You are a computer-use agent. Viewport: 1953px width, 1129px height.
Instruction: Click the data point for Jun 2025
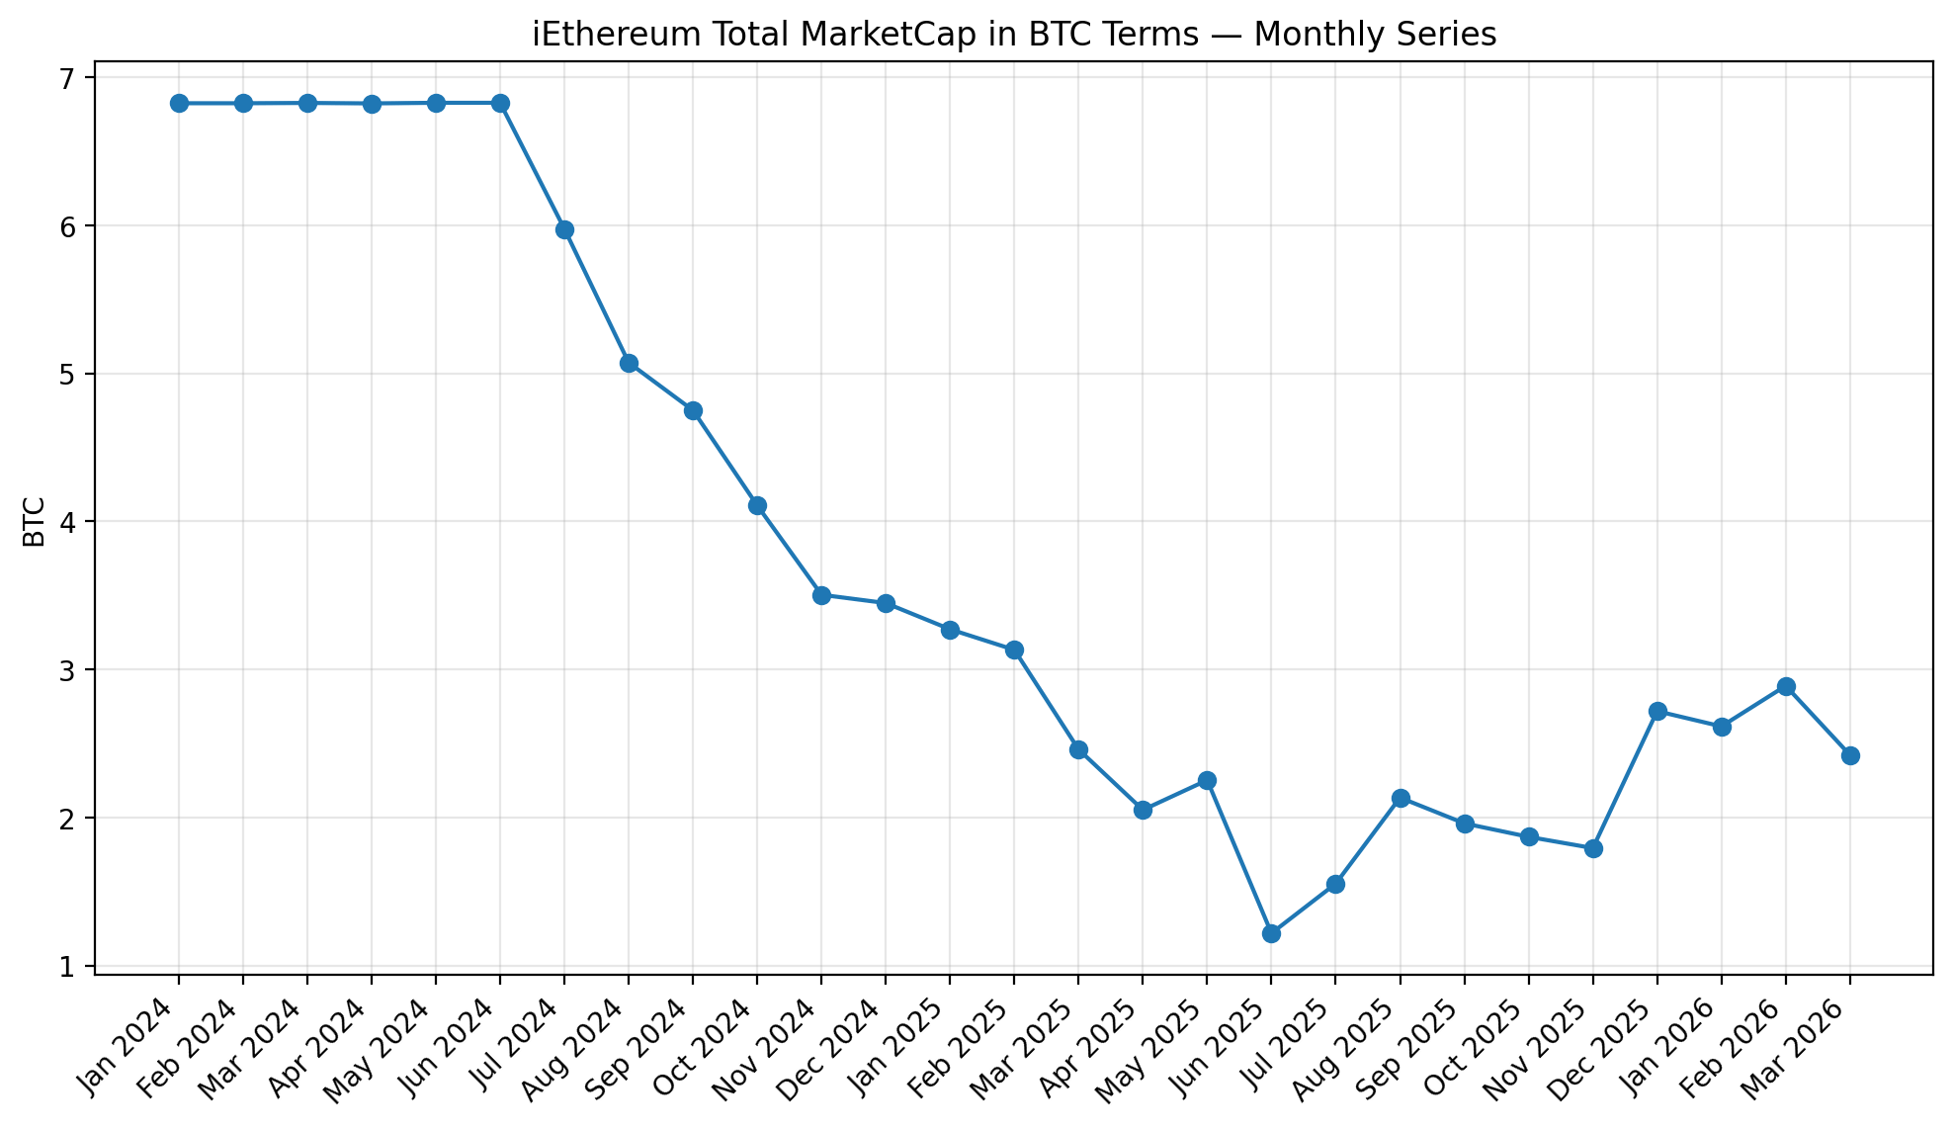tap(1271, 933)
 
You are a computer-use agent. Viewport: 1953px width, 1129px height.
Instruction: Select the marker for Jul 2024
tap(564, 230)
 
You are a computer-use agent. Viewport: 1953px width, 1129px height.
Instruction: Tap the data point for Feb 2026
tap(1786, 686)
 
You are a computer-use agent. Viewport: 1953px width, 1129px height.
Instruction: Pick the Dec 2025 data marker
tap(1657, 711)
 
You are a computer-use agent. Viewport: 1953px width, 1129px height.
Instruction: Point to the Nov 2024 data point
tap(821, 595)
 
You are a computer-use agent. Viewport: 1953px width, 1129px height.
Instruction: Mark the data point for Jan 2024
tap(179, 103)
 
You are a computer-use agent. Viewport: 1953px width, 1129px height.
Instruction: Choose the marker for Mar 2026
tap(1850, 755)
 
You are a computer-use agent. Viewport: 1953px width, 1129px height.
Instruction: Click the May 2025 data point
tap(1207, 780)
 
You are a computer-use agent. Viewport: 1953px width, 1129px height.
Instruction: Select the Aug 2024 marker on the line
tap(629, 363)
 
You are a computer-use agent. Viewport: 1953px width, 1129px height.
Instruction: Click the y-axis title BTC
tap(35, 522)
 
